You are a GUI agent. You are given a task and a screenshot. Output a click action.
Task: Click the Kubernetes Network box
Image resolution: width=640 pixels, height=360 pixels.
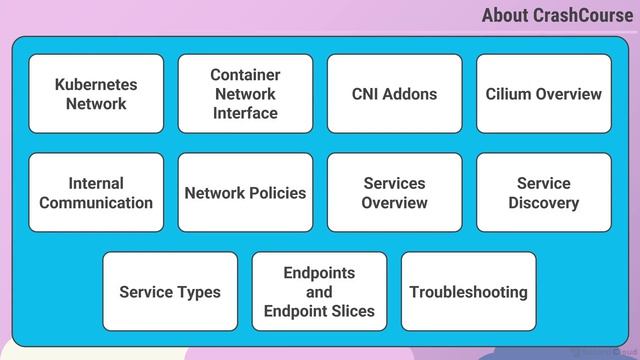96,94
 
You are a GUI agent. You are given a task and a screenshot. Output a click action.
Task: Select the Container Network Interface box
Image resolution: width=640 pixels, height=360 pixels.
245,94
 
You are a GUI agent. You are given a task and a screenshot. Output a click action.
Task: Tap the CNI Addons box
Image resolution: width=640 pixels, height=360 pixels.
395,94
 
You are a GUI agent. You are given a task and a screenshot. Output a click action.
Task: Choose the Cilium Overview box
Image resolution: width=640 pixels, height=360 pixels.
544,94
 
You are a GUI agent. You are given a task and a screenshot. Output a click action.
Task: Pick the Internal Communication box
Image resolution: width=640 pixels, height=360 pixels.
96,193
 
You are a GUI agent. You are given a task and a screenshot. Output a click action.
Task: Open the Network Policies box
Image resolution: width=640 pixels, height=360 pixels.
245,193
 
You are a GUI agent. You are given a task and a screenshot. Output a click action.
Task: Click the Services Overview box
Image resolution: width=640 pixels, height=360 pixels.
395,193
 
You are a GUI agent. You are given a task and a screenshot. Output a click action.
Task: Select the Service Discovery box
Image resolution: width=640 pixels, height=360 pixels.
544,193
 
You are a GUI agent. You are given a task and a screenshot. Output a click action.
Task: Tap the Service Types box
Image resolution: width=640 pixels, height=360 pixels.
170,291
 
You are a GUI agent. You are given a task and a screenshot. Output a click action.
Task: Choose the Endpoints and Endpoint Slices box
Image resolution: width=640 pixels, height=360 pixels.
319,291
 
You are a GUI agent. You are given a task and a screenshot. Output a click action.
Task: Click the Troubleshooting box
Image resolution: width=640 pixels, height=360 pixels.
469,291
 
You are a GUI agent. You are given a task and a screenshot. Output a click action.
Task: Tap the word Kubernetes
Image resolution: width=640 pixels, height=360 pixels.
96,84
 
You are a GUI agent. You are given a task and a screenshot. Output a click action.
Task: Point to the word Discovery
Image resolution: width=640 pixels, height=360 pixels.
544,203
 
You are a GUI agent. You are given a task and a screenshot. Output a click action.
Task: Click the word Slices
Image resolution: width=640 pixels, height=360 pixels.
353,311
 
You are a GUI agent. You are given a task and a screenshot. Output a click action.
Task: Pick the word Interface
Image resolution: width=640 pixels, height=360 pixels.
245,113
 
